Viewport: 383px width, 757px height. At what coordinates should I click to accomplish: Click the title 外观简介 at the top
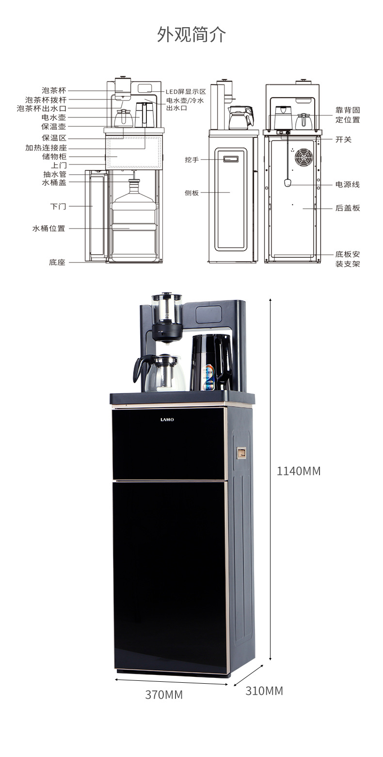(x=191, y=34)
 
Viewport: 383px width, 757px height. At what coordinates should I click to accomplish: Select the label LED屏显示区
(x=186, y=91)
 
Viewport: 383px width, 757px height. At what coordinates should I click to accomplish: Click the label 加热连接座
(x=46, y=148)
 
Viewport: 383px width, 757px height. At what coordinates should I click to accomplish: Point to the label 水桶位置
(x=48, y=228)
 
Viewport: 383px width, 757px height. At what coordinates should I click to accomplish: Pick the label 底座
(x=57, y=262)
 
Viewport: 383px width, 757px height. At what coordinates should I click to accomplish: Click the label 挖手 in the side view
(x=191, y=159)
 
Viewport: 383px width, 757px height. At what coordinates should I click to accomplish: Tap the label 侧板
(x=191, y=193)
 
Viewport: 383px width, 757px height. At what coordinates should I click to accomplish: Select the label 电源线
(x=348, y=184)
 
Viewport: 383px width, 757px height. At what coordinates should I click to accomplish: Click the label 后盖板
(x=348, y=208)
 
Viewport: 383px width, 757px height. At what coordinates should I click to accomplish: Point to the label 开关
(x=344, y=139)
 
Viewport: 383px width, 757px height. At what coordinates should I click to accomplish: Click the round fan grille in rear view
(x=304, y=157)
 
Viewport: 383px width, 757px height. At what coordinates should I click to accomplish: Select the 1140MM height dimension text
(x=299, y=471)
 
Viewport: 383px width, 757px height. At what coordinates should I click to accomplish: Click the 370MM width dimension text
(x=164, y=695)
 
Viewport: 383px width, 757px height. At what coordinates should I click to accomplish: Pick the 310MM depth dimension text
(x=264, y=691)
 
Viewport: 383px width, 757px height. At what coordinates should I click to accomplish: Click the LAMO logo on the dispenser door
(x=167, y=419)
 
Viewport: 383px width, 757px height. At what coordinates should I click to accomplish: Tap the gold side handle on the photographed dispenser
(x=241, y=453)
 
